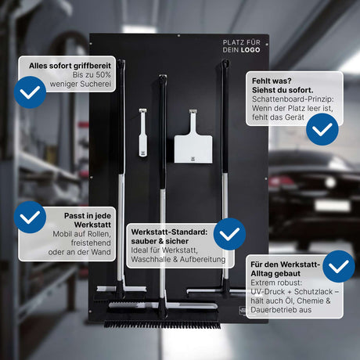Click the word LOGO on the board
(250, 50)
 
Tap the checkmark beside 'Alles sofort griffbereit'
(30, 92)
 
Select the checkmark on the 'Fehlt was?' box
(322, 129)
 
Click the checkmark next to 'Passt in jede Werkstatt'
(30, 217)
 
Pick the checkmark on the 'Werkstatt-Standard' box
(229, 234)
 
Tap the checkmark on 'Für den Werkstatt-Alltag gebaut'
(339, 266)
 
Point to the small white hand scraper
(142, 132)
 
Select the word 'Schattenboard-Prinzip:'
(293, 99)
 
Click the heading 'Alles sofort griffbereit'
(70, 66)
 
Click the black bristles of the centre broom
(162, 325)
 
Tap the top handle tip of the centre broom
(163, 77)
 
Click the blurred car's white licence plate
(333, 206)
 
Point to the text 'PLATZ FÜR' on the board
(242, 42)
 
